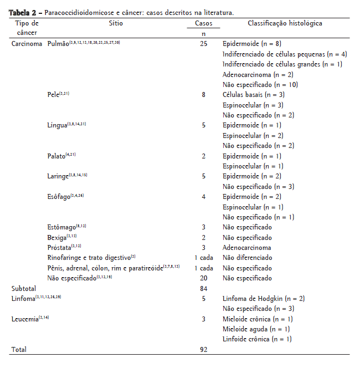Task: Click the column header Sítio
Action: [116, 24]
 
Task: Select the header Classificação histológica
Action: [285, 24]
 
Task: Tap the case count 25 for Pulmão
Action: [203, 43]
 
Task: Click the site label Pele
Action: [54, 95]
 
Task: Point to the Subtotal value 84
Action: [203, 288]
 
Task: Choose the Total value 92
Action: [203, 350]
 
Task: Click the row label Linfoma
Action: [23, 299]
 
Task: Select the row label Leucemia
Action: [24, 319]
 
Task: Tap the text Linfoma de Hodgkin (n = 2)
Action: [263, 299]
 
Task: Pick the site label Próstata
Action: [59, 248]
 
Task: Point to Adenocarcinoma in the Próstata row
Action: [247, 248]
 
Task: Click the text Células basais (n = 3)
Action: [253, 95]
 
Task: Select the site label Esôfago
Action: [59, 197]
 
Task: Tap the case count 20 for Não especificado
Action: [203, 278]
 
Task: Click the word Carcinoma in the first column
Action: [27, 43]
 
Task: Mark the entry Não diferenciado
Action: [248, 258]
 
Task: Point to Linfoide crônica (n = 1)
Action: [257, 339]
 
